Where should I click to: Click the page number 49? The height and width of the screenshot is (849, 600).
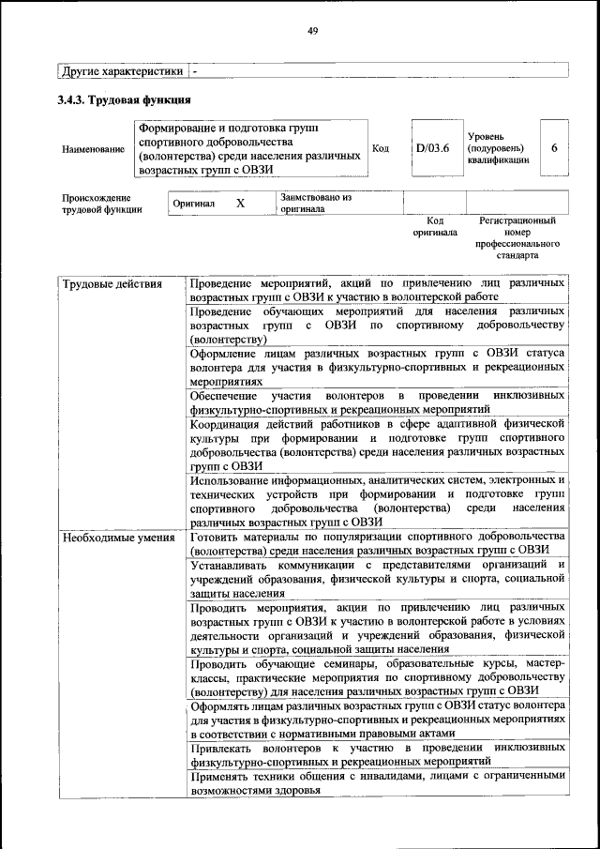point(313,31)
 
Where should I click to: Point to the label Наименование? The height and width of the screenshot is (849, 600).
point(92,149)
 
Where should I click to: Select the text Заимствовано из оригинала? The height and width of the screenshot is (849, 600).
point(315,204)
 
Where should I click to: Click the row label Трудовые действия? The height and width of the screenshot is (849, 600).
point(110,283)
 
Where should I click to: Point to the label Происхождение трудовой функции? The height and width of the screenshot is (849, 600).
point(101,204)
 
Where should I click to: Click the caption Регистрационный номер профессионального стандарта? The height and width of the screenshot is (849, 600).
point(517,237)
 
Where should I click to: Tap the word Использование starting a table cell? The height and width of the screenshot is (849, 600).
point(232,479)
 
